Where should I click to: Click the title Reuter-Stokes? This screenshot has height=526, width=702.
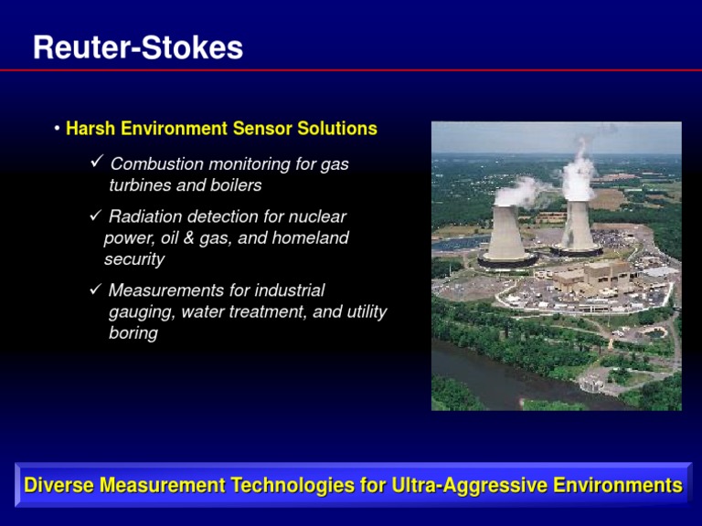(137, 47)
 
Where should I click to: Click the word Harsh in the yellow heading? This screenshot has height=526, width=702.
(88, 129)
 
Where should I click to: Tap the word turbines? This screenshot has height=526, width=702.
(139, 185)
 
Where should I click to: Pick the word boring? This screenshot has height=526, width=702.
(133, 333)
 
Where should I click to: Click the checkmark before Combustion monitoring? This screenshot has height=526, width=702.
(97, 163)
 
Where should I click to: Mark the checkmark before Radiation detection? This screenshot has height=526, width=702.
(97, 216)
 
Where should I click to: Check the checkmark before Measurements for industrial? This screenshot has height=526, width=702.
(97, 290)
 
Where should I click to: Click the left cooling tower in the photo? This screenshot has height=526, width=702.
(507, 233)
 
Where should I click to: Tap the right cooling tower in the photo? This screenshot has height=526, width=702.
(577, 224)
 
